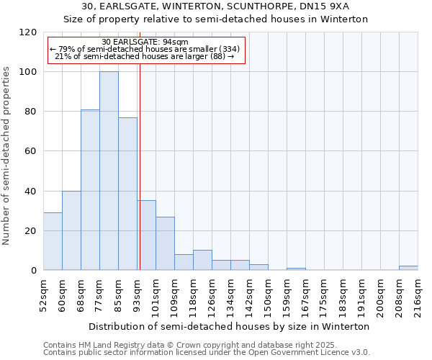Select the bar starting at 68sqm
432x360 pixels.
(x=90, y=190)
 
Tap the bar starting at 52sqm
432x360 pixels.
(x=53, y=241)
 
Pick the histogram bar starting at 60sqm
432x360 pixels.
(x=71, y=230)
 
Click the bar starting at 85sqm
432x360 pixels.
(x=127, y=194)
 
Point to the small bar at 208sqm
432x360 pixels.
(x=408, y=268)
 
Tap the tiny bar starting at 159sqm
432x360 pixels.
(x=296, y=269)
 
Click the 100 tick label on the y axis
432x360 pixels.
(x=28, y=72)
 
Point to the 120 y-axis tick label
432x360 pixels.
(x=28, y=32)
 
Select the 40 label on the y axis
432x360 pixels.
(x=31, y=192)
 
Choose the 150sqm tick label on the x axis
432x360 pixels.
(x=268, y=295)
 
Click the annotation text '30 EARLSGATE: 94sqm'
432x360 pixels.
(x=145, y=42)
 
